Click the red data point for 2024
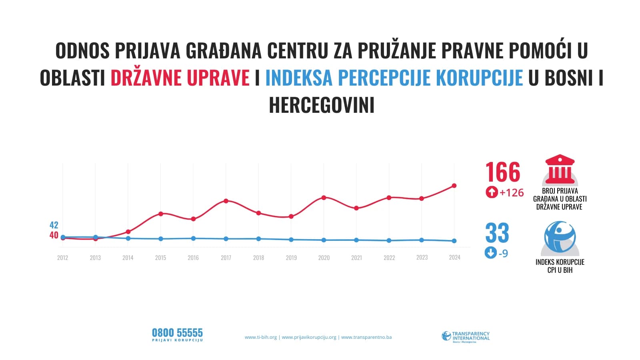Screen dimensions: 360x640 coord(454,186)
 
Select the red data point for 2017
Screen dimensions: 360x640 coord(226,201)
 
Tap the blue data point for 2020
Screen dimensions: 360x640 coord(324,240)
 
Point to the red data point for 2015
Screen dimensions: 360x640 coord(160,214)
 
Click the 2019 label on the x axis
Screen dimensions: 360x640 coord(291,258)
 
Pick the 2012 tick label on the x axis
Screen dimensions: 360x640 coord(62,258)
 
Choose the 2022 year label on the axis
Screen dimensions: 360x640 coord(389,258)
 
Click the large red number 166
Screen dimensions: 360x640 coord(503,172)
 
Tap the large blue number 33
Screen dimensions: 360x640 coord(497,233)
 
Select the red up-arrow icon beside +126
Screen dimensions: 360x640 coord(491,192)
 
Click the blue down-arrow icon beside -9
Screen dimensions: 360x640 coord(490,253)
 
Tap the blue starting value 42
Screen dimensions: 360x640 coord(54,225)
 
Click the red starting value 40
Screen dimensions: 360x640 coord(54,235)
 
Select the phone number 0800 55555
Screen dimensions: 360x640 coord(177,333)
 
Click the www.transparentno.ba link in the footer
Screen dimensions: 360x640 coord(366,337)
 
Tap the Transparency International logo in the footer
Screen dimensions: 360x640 coord(466,336)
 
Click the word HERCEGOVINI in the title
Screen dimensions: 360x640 coord(322,105)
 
